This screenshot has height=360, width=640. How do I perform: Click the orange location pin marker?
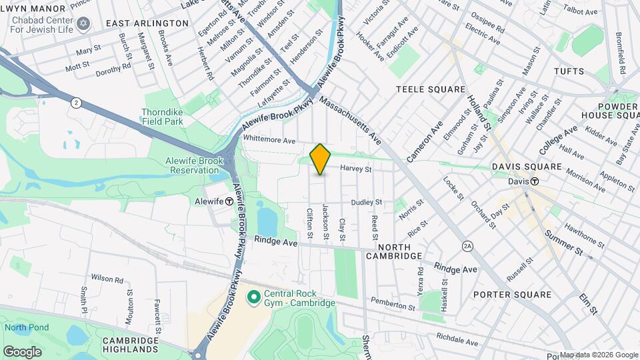(x=321, y=159)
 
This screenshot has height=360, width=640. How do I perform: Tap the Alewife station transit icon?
(x=229, y=201)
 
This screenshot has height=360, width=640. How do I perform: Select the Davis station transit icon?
(x=535, y=181)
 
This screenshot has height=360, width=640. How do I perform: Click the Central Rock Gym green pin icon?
(x=253, y=295)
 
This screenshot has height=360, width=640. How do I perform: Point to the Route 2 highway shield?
(x=77, y=102)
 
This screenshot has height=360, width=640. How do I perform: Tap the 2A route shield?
(x=468, y=246)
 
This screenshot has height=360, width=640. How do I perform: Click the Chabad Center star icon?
(x=83, y=24)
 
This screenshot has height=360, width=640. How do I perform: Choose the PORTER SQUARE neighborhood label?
(x=513, y=295)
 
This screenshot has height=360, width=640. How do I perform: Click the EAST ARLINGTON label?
(x=147, y=23)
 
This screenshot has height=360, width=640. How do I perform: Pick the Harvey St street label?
(x=355, y=169)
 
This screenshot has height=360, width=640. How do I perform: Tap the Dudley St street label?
(x=367, y=201)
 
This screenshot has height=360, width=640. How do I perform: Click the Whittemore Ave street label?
(x=269, y=141)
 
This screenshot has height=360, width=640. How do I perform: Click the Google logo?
(x=22, y=351)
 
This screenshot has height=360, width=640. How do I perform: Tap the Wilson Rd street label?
(x=107, y=279)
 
